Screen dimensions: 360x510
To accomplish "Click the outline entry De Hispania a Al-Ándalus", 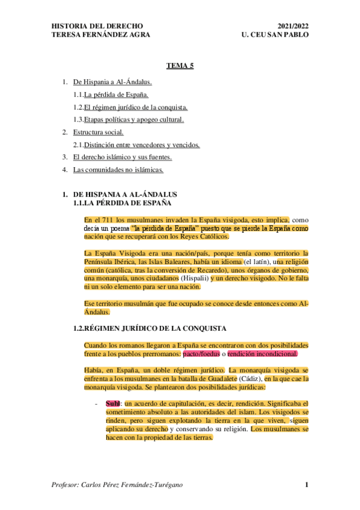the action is (112, 81).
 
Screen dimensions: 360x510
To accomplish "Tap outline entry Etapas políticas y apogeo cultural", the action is (133, 120).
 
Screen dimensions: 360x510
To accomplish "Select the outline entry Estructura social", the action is (99, 132).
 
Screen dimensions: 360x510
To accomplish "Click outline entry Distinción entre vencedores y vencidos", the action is (141, 145).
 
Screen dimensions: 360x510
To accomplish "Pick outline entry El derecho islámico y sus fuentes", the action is (122, 158).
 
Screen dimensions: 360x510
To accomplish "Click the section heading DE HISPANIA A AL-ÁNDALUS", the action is (125, 195).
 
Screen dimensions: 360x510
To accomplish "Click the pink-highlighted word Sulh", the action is (112, 402).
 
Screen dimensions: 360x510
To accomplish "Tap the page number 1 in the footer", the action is (306, 485).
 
